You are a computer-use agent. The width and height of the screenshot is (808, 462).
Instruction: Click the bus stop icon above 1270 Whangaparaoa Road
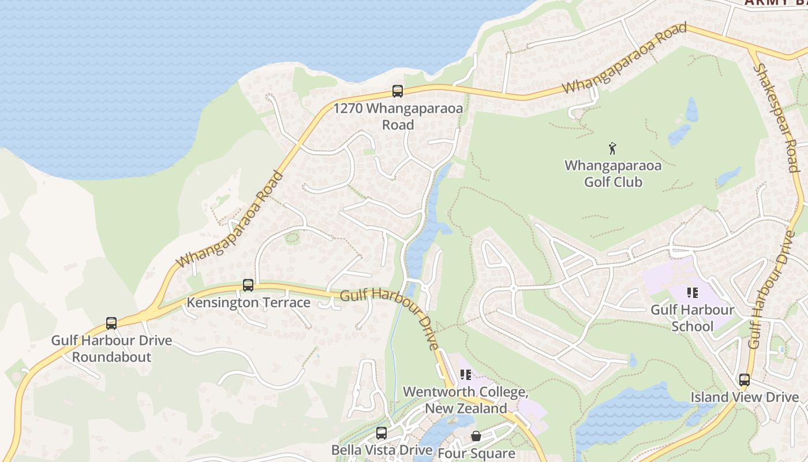click(398, 91)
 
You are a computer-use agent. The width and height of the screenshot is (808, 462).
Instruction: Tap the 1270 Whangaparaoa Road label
click(398, 116)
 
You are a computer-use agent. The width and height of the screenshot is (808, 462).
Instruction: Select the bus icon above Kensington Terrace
click(248, 285)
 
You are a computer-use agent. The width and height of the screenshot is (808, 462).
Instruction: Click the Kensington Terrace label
click(248, 303)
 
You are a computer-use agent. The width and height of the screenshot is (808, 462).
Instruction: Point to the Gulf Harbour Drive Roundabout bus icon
click(111, 323)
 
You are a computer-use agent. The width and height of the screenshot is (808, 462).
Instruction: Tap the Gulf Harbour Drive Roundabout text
click(111, 348)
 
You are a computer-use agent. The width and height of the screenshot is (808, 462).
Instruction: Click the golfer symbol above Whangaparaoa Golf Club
click(612, 148)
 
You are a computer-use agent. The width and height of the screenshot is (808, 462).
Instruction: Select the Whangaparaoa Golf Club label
click(613, 173)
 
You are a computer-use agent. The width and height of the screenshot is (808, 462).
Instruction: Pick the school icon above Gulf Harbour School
click(692, 293)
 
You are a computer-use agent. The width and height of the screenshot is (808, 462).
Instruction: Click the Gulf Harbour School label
click(693, 318)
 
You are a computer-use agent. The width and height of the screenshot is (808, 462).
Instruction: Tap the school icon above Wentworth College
click(466, 375)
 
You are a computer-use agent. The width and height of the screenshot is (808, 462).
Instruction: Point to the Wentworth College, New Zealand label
click(466, 400)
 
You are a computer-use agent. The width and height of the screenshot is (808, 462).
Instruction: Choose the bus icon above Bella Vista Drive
click(381, 433)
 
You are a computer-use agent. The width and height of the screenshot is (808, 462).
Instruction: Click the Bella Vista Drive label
click(381, 450)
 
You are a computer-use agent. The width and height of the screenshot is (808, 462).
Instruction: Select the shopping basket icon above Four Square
click(476, 435)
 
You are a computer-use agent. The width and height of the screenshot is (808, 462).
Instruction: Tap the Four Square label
click(476, 453)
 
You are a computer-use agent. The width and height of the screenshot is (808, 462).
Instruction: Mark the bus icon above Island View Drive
click(745, 379)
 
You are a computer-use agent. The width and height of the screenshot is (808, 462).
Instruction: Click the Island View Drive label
click(745, 397)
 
